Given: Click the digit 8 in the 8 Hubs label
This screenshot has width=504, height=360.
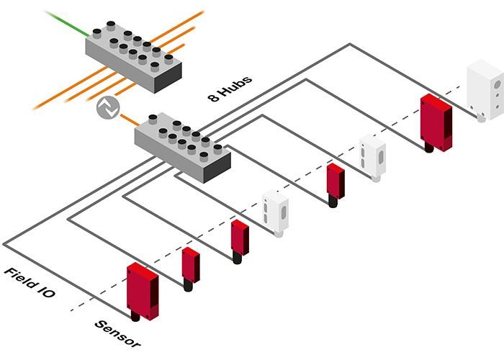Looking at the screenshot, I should coord(214,99).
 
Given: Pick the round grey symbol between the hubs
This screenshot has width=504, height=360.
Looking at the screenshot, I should coord(106,109).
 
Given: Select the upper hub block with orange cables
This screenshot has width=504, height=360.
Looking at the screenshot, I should coord(130,53).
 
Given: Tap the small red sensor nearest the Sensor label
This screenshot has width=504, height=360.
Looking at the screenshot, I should coord(191,265).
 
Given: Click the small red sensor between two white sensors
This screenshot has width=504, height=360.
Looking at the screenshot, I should coord(335,182).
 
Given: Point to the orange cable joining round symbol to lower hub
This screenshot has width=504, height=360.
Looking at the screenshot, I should coord(127,118).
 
